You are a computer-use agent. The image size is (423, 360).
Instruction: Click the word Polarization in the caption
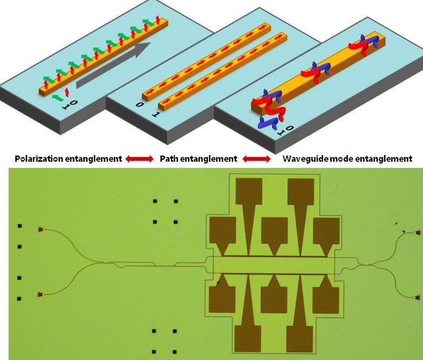(39, 159)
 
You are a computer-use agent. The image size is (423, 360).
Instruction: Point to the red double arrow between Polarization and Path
(140, 159)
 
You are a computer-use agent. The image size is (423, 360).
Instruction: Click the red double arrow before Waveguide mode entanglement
(256, 159)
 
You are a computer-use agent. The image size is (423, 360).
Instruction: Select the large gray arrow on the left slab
(113, 65)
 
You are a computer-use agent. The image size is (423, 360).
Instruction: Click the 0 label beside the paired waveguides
(140, 104)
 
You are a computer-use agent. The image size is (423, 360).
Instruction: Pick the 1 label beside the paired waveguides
(156, 115)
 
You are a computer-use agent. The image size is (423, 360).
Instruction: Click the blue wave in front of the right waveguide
(267, 123)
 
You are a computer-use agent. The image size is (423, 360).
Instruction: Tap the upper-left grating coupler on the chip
(41, 230)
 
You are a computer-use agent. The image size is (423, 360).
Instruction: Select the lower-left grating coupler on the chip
(41, 294)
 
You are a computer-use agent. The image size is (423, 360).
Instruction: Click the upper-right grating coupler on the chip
(418, 233)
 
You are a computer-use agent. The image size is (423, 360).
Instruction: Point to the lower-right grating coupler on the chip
(418, 298)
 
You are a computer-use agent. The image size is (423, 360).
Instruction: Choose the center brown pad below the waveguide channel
(274, 296)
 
